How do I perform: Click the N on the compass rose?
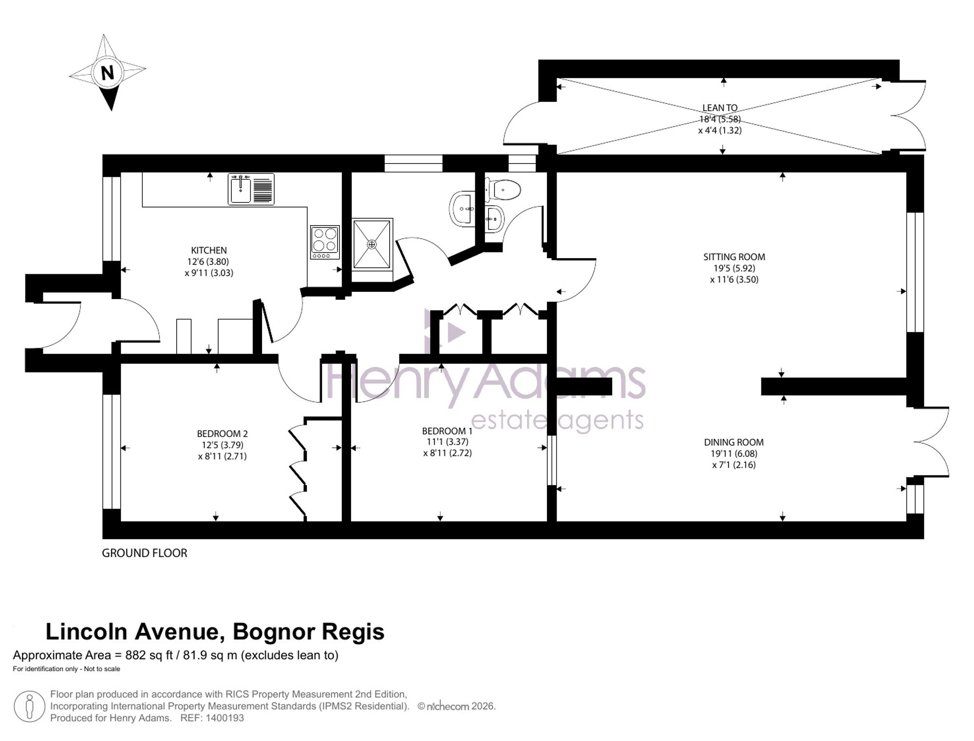pos(107,73)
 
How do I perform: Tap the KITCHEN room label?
pos(209,250)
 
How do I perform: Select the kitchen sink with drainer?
pos(251,189)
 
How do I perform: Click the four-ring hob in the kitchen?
pos(325,242)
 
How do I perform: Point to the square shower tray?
pos(372,244)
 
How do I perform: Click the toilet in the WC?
pos(503,189)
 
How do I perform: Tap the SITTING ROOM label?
pos(734,257)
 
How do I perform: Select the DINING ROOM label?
pos(734,442)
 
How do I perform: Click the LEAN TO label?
pos(720,108)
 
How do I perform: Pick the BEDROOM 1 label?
pos(447,431)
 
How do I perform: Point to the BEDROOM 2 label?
pos(223,434)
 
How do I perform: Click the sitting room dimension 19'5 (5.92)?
pos(734,268)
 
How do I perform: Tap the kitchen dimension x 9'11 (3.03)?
pos(209,273)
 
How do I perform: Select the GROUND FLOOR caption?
pos(145,553)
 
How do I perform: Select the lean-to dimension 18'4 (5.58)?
pos(720,119)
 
